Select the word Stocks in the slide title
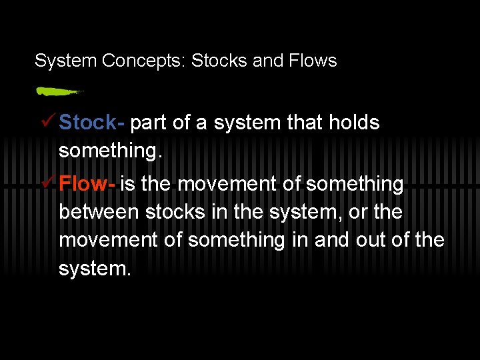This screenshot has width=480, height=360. (x=219, y=61)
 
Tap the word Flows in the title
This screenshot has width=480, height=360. (x=313, y=61)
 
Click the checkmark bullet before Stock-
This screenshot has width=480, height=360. (x=47, y=122)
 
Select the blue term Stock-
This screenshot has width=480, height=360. (x=91, y=123)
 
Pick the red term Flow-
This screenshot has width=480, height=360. (x=87, y=184)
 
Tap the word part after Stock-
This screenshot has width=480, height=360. (x=149, y=123)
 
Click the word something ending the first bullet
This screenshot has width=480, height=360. (x=110, y=151)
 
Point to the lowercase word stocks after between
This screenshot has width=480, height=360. (x=174, y=212)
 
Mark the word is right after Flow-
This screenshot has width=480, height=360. (x=127, y=184)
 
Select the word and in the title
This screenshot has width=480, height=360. (x=268, y=61)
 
